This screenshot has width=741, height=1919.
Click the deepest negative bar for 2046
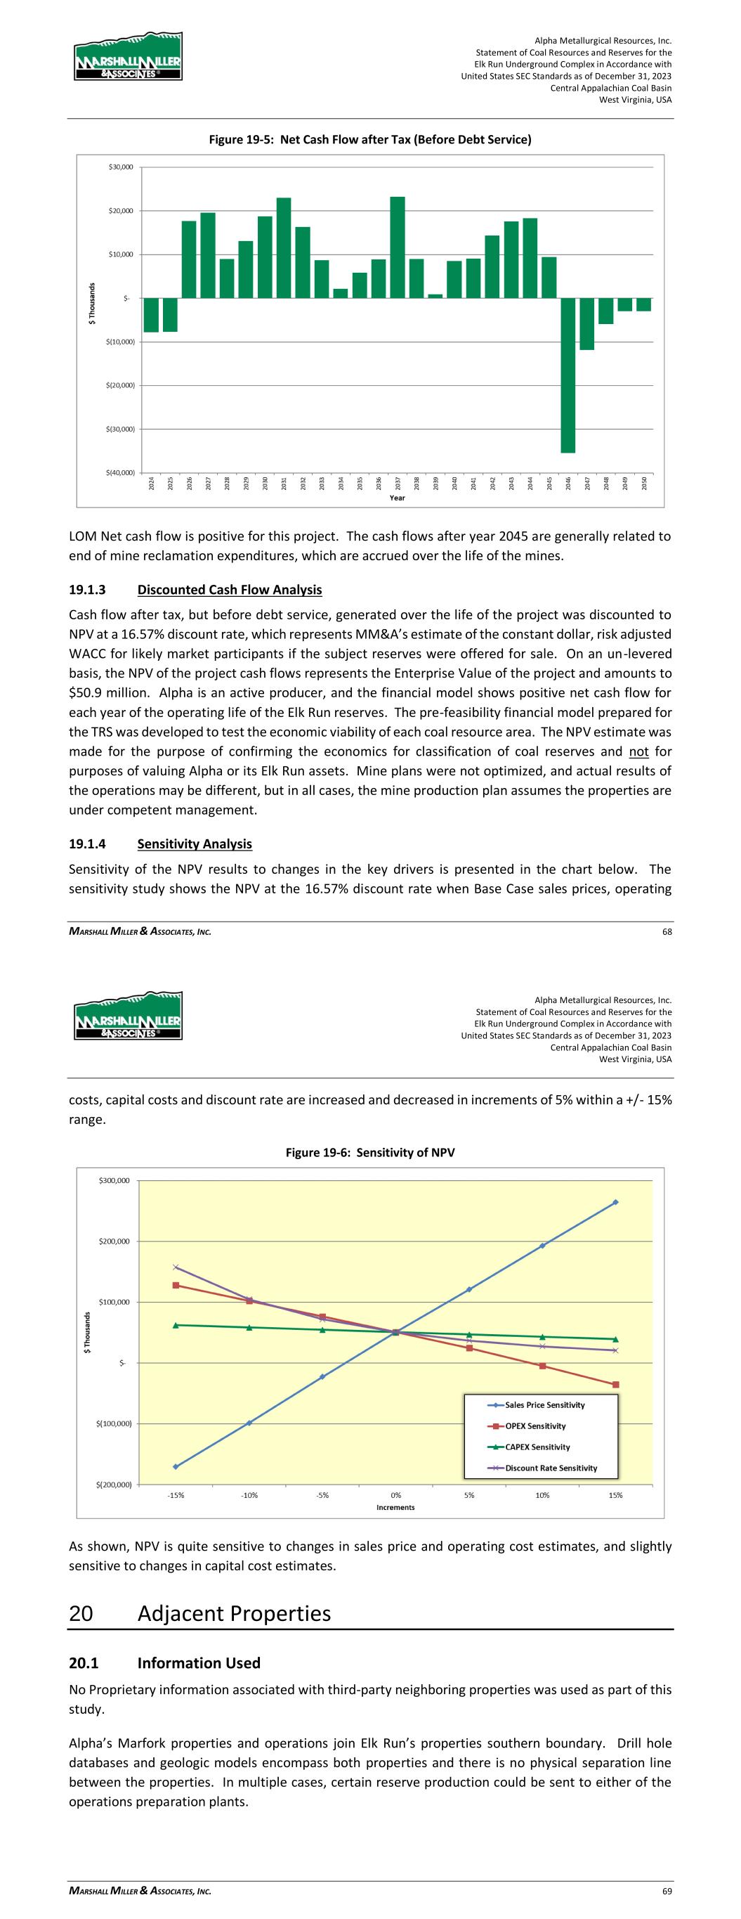tap(568, 375)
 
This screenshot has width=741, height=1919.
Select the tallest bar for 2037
tap(398, 247)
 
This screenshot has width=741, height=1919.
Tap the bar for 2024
tap(151, 314)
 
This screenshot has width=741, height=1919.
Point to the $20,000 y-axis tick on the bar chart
tap(119, 211)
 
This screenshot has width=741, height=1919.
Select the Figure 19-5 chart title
tap(369, 139)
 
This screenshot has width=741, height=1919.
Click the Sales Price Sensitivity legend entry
tap(544, 1405)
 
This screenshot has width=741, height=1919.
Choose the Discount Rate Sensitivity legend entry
tap(551, 1468)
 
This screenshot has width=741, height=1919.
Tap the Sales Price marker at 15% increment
tap(615, 1202)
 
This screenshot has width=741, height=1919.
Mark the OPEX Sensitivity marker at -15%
tap(176, 1285)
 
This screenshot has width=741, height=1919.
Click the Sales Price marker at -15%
tap(176, 1467)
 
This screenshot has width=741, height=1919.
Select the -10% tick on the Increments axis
tap(249, 1495)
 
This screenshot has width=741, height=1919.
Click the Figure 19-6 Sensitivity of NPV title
tap(369, 1152)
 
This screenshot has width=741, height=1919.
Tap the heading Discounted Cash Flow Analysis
tap(230, 590)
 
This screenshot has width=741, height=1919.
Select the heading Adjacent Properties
tap(234, 1613)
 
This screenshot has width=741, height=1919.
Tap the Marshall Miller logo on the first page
tap(128, 57)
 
